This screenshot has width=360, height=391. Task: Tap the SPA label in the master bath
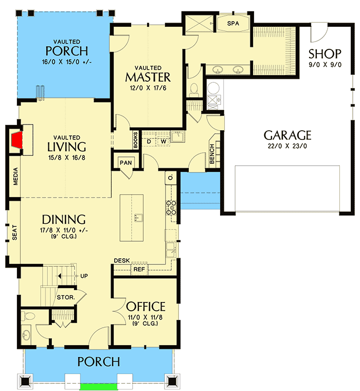(233, 24)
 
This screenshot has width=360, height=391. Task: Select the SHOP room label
(325, 54)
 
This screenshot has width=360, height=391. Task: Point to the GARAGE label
(287, 135)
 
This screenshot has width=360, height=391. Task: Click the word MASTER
(148, 77)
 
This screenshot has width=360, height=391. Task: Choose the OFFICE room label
(146, 307)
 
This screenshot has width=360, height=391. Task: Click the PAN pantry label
(126, 163)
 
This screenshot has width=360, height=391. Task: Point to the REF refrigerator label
(138, 269)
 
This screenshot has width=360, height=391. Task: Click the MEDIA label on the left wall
(15, 176)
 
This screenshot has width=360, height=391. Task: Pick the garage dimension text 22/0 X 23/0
(287, 147)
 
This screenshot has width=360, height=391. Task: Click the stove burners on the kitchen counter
(171, 207)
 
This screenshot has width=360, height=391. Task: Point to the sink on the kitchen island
(137, 218)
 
